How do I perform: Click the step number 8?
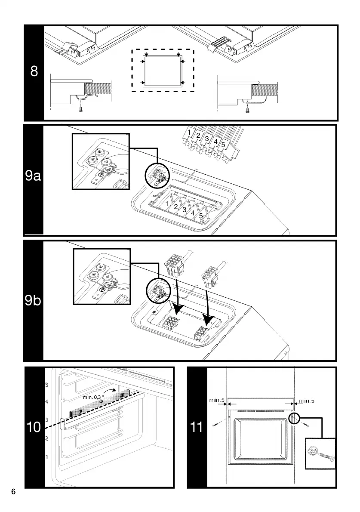[x=34, y=71]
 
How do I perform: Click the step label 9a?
[x=33, y=176]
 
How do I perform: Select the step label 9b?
[x=33, y=300]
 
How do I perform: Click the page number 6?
[x=13, y=492]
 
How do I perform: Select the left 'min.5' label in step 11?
[x=217, y=400]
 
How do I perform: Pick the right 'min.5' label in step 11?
[x=307, y=401]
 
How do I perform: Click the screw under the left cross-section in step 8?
[x=81, y=111]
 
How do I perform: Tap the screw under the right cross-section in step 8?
[x=247, y=111]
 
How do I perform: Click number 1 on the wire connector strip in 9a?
[x=190, y=131]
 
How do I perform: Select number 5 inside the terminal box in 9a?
[x=201, y=216]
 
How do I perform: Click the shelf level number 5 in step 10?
[x=46, y=384]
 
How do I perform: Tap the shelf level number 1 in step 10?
[x=46, y=456]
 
